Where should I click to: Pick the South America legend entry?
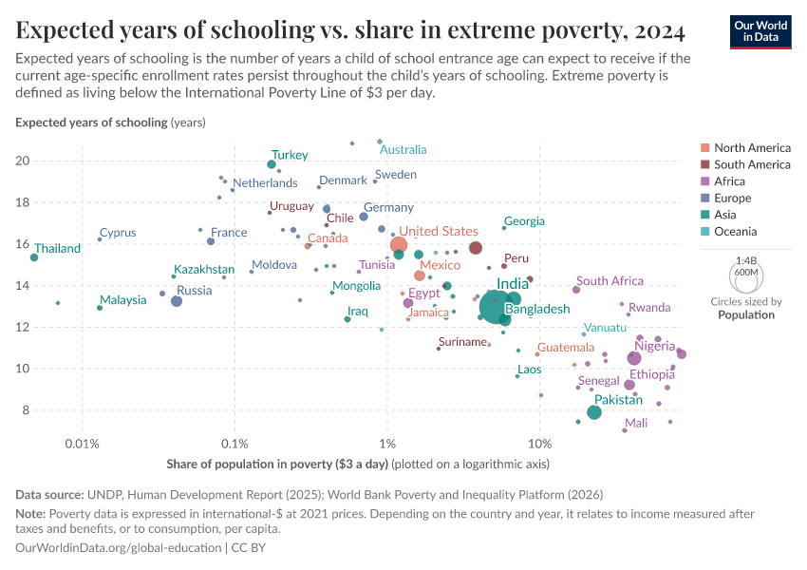tap(752, 164)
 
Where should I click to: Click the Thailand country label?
tap(58, 249)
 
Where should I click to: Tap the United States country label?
tap(439, 231)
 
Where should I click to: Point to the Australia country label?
tap(403, 149)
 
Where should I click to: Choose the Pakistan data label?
tap(618, 400)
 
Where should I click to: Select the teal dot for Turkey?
tap(272, 164)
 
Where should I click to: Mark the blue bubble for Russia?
tap(177, 301)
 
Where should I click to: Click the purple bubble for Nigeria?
tap(634, 358)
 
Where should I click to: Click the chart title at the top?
tap(350, 30)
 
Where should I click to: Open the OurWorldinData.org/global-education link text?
tap(115, 548)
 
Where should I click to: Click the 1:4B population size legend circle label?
tap(745, 259)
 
